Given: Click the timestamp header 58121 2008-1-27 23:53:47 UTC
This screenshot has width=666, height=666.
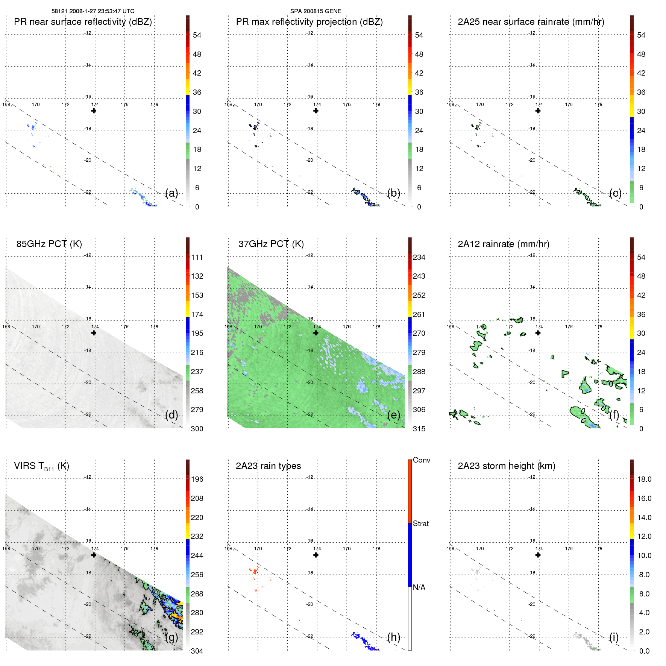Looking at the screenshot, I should coord(93,11).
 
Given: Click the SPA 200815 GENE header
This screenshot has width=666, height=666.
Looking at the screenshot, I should coord(316,11).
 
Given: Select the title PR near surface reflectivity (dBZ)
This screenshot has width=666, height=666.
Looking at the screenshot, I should coord(83,22).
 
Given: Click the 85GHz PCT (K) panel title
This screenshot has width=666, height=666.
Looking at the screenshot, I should coord(49,244).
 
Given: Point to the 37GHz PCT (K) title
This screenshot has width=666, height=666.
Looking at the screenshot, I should coord(271,244).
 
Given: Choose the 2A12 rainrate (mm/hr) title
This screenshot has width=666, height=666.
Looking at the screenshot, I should coord(503,244).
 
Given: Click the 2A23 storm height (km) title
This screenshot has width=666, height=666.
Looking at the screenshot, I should coord(506,466).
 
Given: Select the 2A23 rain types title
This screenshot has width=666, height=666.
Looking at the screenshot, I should coord(268,466).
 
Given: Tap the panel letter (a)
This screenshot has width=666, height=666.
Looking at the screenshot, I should coord(171,193).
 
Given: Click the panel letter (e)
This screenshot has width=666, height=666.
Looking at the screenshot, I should coord(393,415).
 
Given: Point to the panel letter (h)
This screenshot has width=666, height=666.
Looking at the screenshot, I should coord(393,637).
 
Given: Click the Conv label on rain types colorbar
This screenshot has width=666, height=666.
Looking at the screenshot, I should coord(421,460).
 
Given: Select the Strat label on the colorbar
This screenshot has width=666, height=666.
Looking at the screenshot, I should coord(420,523).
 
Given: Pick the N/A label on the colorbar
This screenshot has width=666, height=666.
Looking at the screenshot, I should coord(419,587).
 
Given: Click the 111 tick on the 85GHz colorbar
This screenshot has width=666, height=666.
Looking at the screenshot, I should coord(197,257).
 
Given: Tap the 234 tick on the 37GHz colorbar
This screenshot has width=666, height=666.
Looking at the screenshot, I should coord(419,257).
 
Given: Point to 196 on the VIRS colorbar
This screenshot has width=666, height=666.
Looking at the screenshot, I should coord(197,479).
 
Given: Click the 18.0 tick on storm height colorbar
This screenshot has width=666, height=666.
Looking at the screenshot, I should coord(644,479).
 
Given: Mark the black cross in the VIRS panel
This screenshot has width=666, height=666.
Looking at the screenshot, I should coord(94,555).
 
